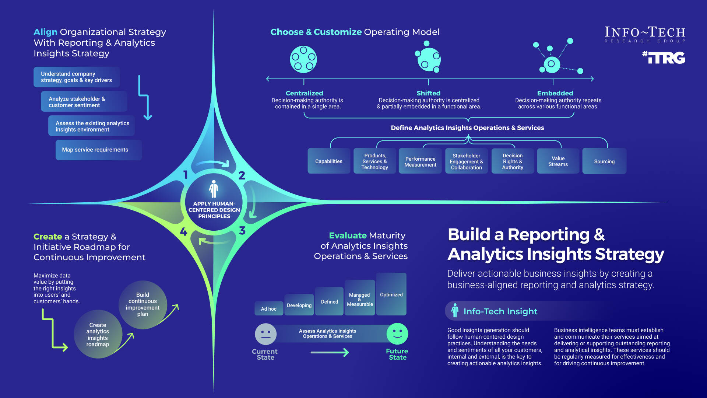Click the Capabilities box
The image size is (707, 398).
(329, 161)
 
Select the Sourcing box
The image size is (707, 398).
(604, 161)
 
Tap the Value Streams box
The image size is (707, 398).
(558, 161)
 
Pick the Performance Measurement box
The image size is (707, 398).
(420, 161)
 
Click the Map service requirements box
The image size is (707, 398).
(98, 150)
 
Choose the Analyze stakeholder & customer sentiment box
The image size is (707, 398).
(84, 102)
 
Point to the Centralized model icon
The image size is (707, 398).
(303, 59)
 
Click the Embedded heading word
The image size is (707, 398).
(555, 93)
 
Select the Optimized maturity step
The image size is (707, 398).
(391, 294)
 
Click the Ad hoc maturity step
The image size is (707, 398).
(269, 308)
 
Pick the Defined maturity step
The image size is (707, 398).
(329, 301)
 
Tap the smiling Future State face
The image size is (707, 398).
(397, 334)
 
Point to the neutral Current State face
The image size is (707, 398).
(265, 334)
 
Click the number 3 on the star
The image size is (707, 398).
(242, 231)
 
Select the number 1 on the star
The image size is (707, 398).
(186, 175)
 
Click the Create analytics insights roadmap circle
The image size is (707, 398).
(98, 334)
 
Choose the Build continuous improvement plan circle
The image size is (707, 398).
(143, 304)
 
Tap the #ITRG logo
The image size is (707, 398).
(664, 57)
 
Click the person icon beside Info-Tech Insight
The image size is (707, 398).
(455, 311)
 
